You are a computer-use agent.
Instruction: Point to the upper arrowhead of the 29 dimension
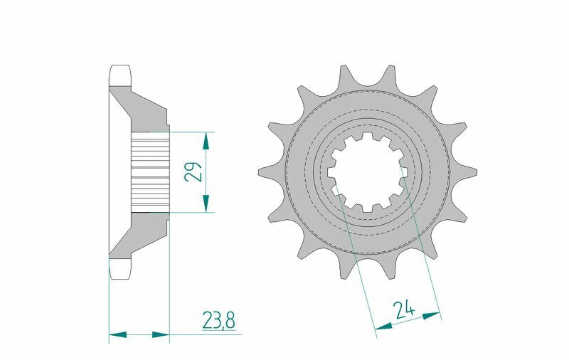tap(206, 139)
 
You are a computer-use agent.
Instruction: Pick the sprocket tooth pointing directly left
tap(264, 171)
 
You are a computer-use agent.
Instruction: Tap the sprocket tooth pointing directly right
tap(472, 171)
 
